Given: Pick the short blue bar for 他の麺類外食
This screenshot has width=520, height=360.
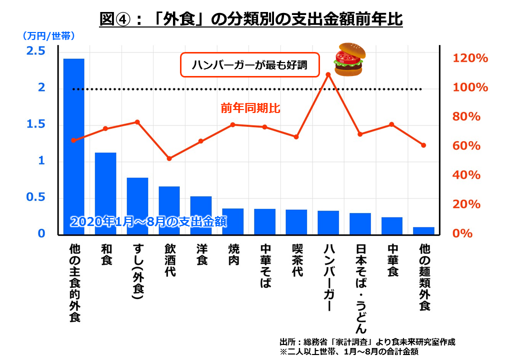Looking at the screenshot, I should [x=423, y=230].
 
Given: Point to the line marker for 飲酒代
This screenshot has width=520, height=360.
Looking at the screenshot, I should [x=169, y=158].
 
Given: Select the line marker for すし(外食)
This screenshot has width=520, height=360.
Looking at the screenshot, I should [x=137, y=122].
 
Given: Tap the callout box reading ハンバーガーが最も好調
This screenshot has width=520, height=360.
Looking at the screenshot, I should [x=249, y=65].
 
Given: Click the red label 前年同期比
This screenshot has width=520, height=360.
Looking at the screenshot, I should [x=250, y=107].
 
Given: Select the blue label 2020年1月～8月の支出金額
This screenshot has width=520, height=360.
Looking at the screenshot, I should [x=148, y=222].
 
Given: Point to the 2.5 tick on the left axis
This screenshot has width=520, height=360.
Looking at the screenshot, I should [x=35, y=51].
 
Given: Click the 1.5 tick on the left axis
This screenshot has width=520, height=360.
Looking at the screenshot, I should [x=35, y=124].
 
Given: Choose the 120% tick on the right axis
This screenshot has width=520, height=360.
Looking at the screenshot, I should [x=470, y=58].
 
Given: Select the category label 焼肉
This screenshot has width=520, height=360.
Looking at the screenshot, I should [x=233, y=254].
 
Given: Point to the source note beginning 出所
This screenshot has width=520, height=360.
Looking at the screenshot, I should [x=367, y=342].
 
